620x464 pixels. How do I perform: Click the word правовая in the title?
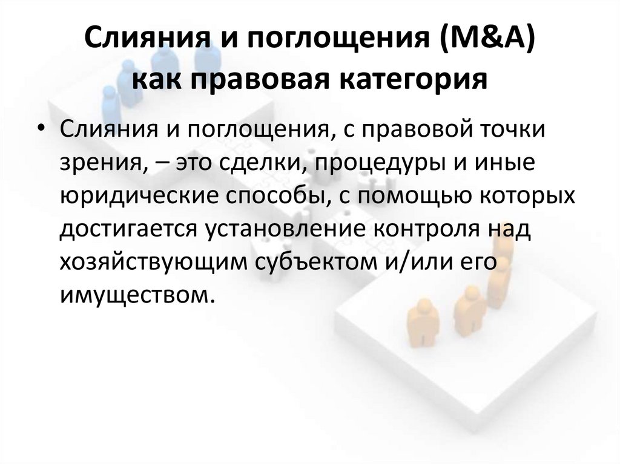(x=269, y=79)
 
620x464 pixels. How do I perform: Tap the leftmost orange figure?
(x=422, y=325)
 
